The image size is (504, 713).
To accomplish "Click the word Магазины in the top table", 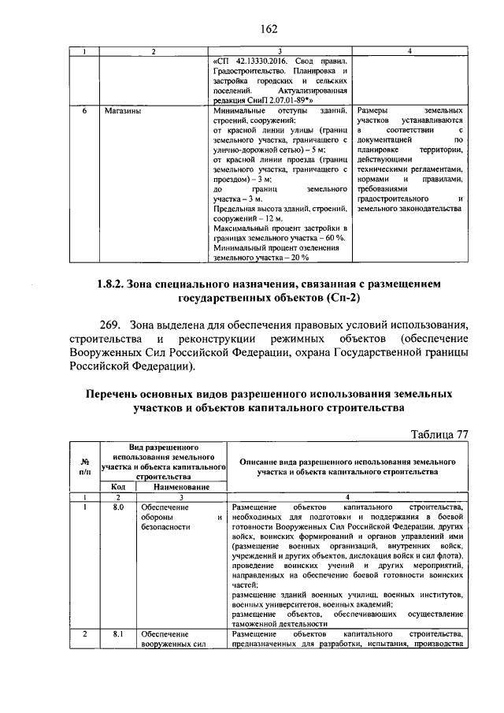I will pyautogui.click(x=123, y=112).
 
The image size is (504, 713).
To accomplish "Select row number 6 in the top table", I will pyautogui.click(x=84, y=112).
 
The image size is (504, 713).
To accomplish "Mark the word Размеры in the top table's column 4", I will pyautogui.click(x=376, y=112).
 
